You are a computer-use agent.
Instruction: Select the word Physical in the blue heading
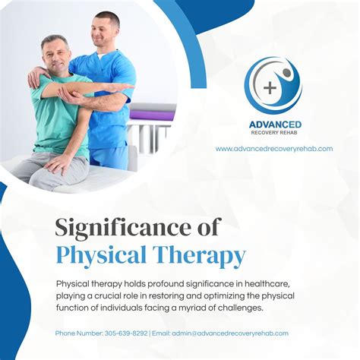point(101,255)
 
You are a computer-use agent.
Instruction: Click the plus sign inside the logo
point(270,88)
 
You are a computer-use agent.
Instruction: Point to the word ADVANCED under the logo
point(275,125)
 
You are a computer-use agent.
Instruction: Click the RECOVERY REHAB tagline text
point(274,132)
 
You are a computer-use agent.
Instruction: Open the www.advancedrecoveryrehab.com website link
point(274,149)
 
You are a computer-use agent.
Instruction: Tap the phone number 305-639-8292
point(126,333)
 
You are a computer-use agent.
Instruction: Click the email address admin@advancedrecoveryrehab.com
point(230,333)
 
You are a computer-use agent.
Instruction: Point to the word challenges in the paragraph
point(239,308)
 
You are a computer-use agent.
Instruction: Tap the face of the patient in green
point(56,58)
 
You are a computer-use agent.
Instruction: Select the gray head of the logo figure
point(287,72)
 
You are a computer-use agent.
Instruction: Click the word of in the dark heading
point(207,228)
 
